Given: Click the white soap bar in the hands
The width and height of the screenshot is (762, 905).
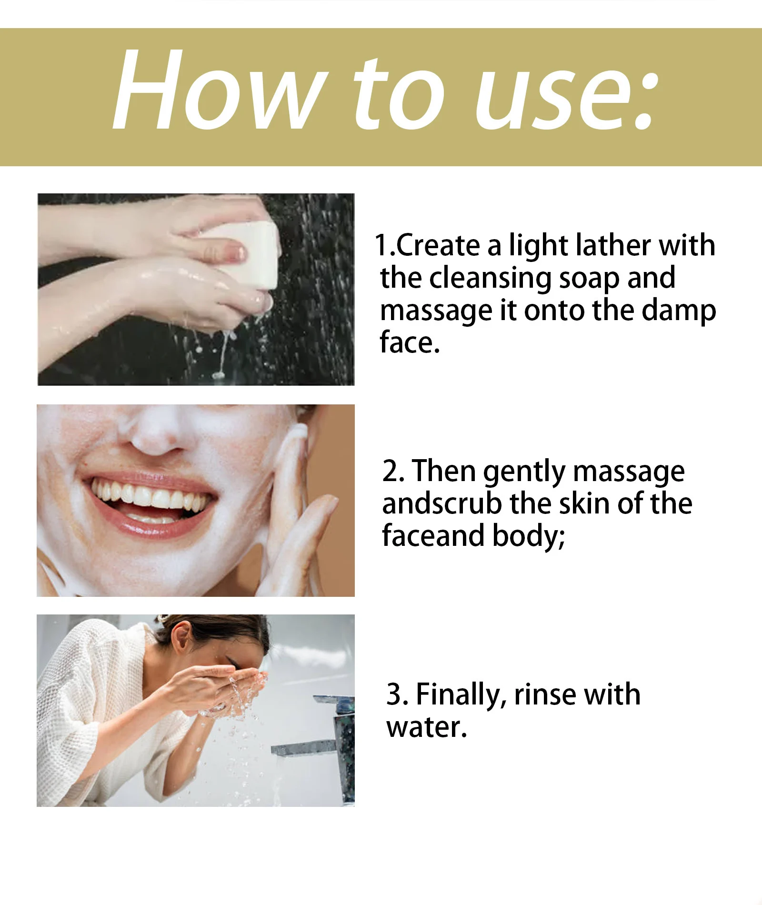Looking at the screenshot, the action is pyautogui.click(x=250, y=255).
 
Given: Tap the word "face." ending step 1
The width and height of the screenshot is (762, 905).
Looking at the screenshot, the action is pyautogui.click(x=410, y=342).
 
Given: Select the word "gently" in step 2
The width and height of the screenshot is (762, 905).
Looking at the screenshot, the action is pyautogui.click(x=524, y=473).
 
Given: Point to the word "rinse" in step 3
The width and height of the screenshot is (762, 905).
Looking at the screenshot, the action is pyautogui.click(x=546, y=694).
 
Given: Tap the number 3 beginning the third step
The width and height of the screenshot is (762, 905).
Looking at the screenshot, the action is pyautogui.click(x=395, y=694).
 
